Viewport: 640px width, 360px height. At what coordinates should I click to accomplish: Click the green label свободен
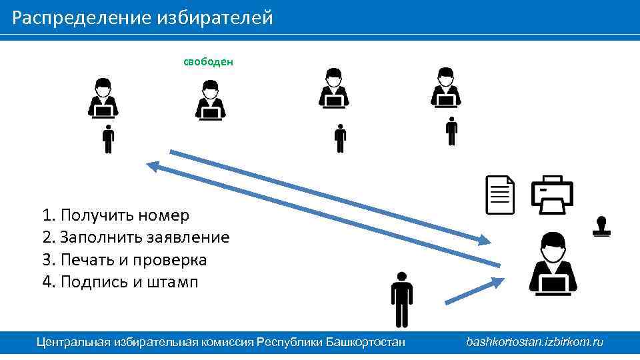pos(208,62)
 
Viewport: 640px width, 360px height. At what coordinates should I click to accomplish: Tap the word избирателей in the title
pos(215,17)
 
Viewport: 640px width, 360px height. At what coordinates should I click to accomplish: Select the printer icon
pos(551,194)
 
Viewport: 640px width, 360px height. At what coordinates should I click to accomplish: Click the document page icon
pos(501,195)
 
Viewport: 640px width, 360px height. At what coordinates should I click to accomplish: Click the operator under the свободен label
pos(210,101)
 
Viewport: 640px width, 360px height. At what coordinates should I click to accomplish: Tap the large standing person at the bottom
pos(401,299)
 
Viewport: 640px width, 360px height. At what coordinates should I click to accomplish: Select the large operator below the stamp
pos(553,263)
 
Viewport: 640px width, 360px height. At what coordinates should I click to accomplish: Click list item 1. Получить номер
pos(115,215)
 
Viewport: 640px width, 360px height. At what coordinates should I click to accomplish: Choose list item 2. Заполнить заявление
pos(135,237)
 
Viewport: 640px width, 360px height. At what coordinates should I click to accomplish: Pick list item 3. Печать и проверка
pos(124,259)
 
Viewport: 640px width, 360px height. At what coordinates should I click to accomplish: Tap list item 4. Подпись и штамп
pos(120,281)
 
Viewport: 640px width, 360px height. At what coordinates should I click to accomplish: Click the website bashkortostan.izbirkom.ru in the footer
pos(535,342)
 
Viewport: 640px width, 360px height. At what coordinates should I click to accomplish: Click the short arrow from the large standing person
pos(474,291)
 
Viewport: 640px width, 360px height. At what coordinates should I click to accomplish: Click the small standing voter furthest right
pos(451,131)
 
